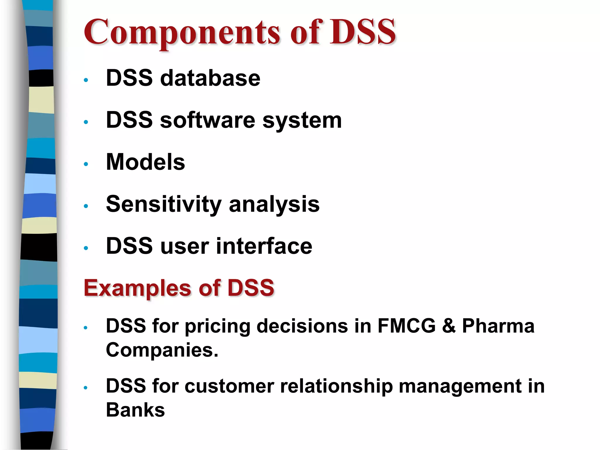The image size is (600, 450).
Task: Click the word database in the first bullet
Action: coord(210,78)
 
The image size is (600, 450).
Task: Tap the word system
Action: coord(302,121)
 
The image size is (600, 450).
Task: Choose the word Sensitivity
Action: coord(163,204)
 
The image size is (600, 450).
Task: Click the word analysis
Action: coord(274,204)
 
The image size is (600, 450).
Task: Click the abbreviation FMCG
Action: coord(407,326)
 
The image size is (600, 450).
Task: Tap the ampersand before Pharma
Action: coord(449,326)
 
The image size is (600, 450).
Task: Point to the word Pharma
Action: coord(498,326)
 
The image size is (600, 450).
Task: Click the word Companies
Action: coord(162,350)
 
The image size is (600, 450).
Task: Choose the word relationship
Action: coord(336,386)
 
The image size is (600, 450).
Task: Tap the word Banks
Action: coord(135,410)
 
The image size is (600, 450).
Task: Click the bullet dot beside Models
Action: coord(86,164)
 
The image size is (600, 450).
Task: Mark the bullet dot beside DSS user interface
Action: coord(86,248)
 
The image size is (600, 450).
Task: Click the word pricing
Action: coord(217,326)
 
